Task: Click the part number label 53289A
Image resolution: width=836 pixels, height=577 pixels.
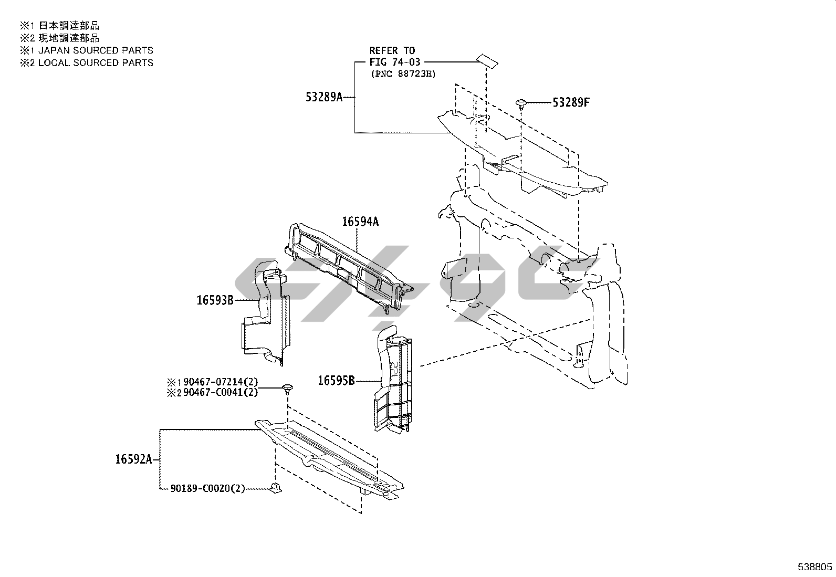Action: pyautogui.click(x=324, y=97)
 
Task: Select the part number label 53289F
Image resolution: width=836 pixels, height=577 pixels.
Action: pyautogui.click(x=571, y=102)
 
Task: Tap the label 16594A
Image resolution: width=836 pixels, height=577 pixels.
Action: pyautogui.click(x=360, y=222)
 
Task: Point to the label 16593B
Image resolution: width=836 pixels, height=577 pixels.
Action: pyautogui.click(x=215, y=300)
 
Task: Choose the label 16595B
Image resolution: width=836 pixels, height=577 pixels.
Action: pyautogui.click(x=336, y=381)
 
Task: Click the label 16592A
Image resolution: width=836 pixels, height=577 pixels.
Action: pyautogui.click(x=133, y=459)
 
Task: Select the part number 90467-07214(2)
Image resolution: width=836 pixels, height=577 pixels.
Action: pyautogui.click(x=221, y=382)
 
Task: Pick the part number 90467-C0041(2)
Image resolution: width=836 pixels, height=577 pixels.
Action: pyautogui.click(x=221, y=393)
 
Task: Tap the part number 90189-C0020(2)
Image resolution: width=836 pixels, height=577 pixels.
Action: pyautogui.click(x=208, y=488)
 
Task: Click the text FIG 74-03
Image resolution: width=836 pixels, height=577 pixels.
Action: pyautogui.click(x=395, y=62)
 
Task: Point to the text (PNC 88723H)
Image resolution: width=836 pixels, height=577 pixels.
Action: pyautogui.click(x=403, y=74)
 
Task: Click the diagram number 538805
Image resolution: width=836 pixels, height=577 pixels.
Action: pyautogui.click(x=814, y=567)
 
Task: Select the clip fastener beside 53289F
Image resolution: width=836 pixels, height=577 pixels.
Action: pyautogui.click(x=521, y=103)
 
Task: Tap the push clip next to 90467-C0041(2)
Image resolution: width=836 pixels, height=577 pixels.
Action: pyautogui.click(x=288, y=389)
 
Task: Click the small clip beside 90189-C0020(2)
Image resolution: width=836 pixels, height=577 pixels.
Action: pyautogui.click(x=276, y=487)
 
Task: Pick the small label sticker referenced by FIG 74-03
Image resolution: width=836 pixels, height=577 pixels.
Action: pyautogui.click(x=487, y=61)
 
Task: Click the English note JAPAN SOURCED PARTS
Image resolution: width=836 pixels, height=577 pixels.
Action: pyautogui.click(x=96, y=50)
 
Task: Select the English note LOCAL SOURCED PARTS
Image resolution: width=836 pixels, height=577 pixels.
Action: pyautogui.click(x=96, y=62)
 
